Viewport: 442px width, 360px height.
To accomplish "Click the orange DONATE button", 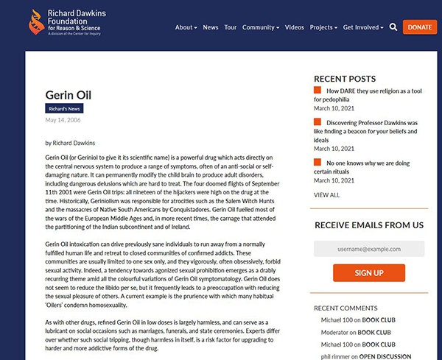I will tap(420, 27).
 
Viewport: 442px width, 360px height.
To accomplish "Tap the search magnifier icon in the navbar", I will tap(393, 27).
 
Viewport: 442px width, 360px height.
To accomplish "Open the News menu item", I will tap(211, 27).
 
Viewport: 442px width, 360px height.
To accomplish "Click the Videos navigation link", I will tap(294, 27).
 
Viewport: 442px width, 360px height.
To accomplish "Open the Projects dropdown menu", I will tap(323, 27).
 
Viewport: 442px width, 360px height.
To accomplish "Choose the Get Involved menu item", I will tap(363, 27).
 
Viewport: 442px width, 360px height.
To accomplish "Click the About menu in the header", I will tap(186, 27).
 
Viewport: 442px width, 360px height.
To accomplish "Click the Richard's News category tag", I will tap(65, 109).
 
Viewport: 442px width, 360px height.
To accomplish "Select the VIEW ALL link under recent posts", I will tap(326, 195).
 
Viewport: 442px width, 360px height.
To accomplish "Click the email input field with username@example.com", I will tap(368, 249).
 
